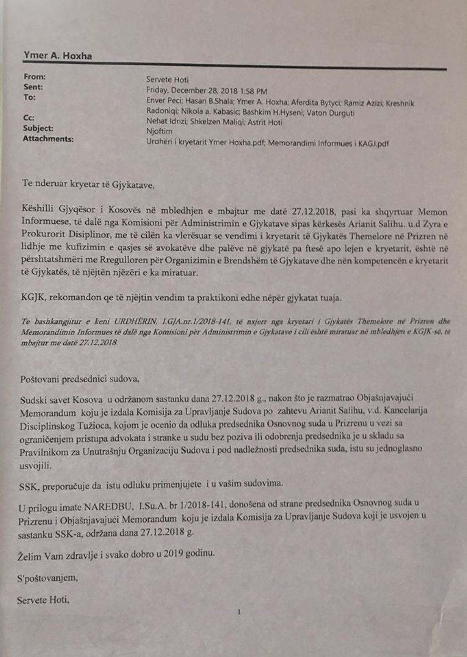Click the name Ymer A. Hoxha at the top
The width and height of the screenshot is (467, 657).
point(58,55)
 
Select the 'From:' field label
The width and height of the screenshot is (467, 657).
point(35,77)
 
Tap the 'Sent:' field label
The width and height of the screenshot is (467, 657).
point(33,87)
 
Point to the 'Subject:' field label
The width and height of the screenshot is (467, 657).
point(38,128)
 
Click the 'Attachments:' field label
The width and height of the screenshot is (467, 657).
point(48,139)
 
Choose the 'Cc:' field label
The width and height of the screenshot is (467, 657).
point(29,118)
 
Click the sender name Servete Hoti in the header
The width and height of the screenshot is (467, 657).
point(167,80)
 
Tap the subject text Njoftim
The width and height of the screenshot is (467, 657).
point(159,131)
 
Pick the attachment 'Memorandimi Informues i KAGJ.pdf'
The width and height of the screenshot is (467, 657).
point(328,143)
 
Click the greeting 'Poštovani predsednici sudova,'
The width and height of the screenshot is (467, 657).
point(80,379)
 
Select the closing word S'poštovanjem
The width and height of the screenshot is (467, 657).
point(47,578)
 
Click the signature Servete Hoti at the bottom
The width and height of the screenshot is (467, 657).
point(43,600)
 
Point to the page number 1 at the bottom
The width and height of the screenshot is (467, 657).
point(239,612)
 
